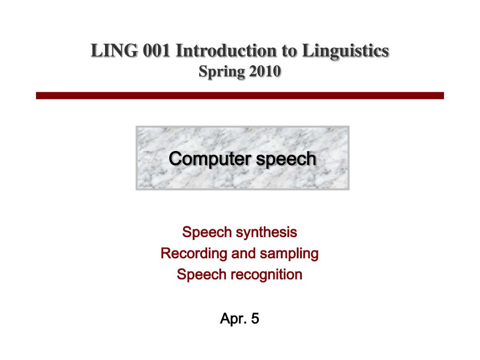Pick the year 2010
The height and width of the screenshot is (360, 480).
265,72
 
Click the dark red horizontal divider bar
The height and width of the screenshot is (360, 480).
240,96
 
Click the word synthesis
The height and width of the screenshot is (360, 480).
267,232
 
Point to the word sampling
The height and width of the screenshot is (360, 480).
289,254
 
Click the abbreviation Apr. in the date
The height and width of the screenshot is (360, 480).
233,319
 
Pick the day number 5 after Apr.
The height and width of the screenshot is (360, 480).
255,319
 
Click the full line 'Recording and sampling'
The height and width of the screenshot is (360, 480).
240,254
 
